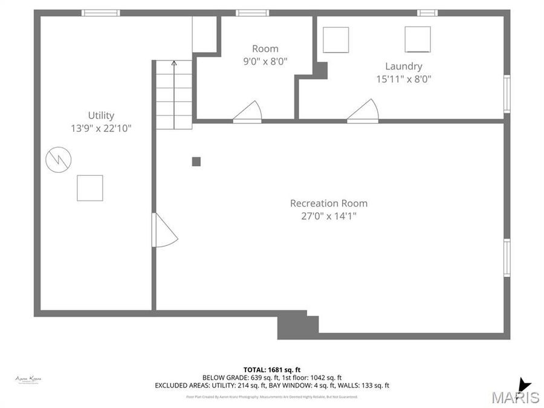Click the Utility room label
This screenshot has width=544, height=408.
[101, 115]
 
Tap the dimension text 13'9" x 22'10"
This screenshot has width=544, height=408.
[101, 128]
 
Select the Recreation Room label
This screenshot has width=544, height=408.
[328, 204]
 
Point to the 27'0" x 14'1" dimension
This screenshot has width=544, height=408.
[328, 216]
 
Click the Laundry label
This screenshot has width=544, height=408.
[404, 66]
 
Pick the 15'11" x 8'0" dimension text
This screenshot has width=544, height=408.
[404, 79]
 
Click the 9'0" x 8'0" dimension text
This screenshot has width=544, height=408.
[265, 61]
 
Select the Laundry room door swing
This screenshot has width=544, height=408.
[364, 111]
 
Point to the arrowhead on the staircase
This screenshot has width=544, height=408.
[174, 63]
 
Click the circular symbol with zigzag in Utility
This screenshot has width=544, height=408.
[59, 159]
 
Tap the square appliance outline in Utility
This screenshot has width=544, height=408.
[90, 188]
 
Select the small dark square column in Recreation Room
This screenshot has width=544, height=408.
[196, 161]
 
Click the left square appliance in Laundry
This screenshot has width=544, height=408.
[335, 40]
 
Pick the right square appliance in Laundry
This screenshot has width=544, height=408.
[418, 39]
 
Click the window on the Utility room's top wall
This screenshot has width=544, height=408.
[101, 13]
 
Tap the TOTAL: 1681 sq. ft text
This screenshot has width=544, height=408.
[272, 369]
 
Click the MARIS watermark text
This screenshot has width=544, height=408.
[516, 397]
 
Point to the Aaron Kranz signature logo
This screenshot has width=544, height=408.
[28, 380]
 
